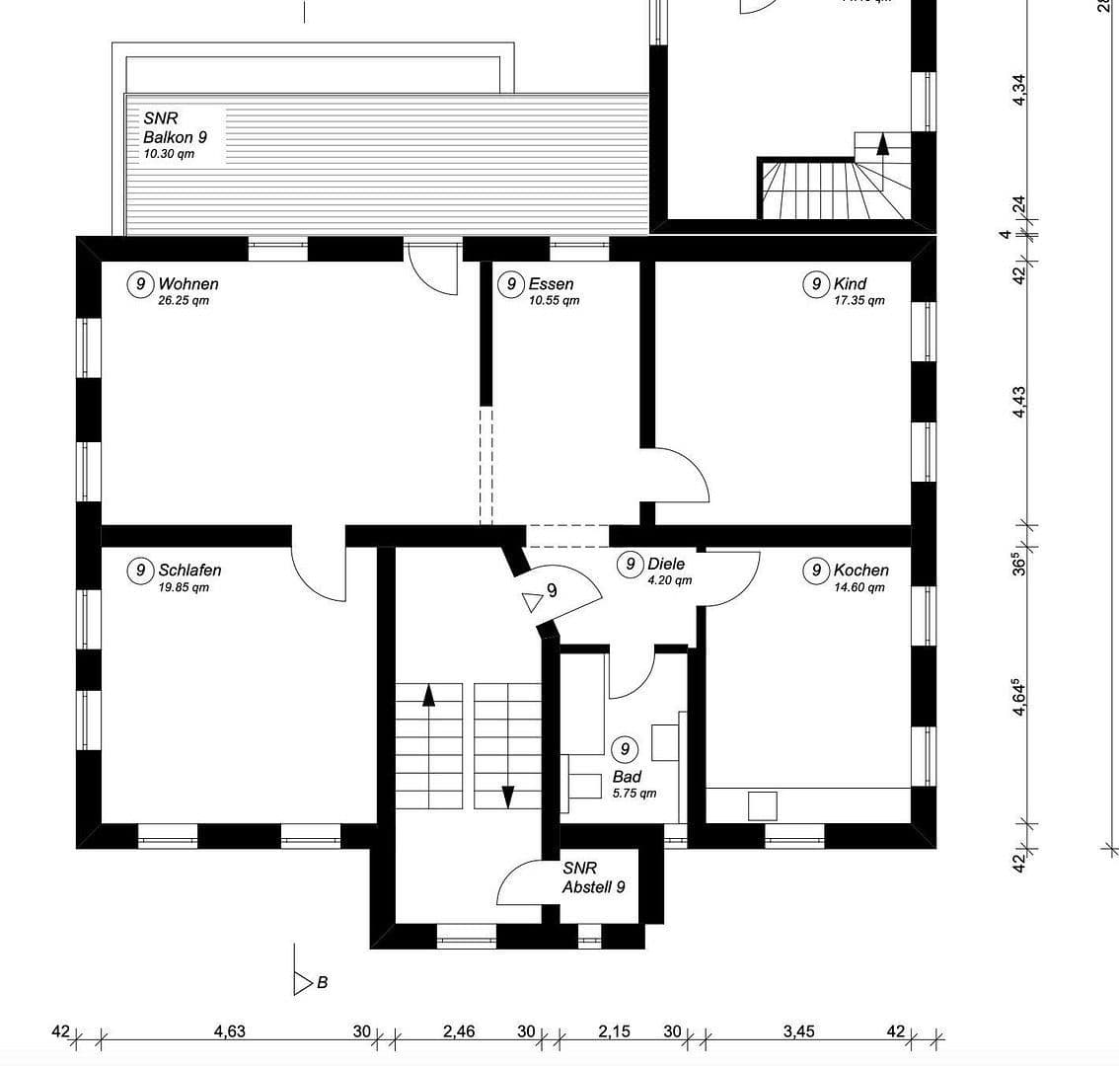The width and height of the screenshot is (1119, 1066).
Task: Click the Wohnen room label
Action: [188, 284]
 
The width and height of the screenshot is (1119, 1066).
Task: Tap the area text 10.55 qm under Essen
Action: [554, 301]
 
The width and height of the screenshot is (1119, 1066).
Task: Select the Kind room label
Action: [850, 284]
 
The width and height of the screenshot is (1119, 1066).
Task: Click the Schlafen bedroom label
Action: [189, 571]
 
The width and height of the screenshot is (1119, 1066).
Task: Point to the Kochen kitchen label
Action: [860, 571]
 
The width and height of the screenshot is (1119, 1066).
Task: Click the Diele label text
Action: [666, 565]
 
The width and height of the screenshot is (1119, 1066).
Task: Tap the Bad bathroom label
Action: [627, 778]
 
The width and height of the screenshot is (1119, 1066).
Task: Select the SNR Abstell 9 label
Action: [593, 877]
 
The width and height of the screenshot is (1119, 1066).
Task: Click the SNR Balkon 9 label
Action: [175, 128]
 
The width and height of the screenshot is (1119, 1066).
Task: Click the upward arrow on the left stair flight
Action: [428, 695]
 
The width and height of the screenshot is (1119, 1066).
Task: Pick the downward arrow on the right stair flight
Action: [508, 796]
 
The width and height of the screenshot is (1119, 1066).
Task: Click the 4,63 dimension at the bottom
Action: [229, 1032]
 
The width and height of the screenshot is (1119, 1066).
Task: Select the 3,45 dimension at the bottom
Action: [798, 1032]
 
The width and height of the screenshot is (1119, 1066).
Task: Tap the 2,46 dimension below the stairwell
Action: [459, 1032]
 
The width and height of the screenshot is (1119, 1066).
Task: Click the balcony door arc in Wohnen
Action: [435, 270]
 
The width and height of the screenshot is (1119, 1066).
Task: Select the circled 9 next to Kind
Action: [816, 285]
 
